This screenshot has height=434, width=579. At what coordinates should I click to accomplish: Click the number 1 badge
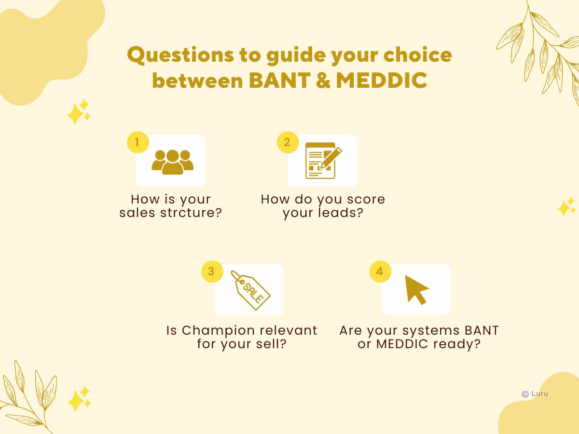[x=138, y=143]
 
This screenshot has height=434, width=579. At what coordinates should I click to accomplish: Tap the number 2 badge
[x=287, y=143]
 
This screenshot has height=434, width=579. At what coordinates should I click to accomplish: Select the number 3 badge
[x=211, y=272]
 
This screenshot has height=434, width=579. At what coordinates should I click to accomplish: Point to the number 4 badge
[x=380, y=272]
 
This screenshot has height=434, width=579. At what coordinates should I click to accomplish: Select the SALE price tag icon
[x=250, y=290]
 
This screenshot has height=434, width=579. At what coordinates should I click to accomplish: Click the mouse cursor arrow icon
[x=416, y=289]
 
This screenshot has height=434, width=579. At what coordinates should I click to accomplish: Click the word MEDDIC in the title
[x=381, y=81]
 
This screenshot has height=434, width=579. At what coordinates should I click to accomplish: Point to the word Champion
[x=219, y=331]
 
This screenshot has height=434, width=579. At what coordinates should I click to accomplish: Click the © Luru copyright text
[x=535, y=393]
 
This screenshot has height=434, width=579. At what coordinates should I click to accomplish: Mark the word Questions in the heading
[x=175, y=55]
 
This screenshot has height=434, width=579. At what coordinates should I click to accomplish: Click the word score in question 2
[x=365, y=199]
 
